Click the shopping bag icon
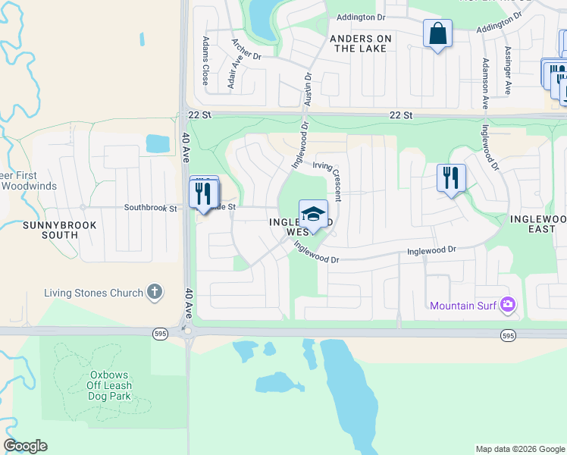point(437,34)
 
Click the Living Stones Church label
point(93,293)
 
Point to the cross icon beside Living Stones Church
point(155,292)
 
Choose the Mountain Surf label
point(462,306)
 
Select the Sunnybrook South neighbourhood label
point(50,230)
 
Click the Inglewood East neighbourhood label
point(538,224)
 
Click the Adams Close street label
point(205,61)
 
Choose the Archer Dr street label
point(246,50)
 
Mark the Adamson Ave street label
point(484,84)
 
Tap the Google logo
point(26,446)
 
